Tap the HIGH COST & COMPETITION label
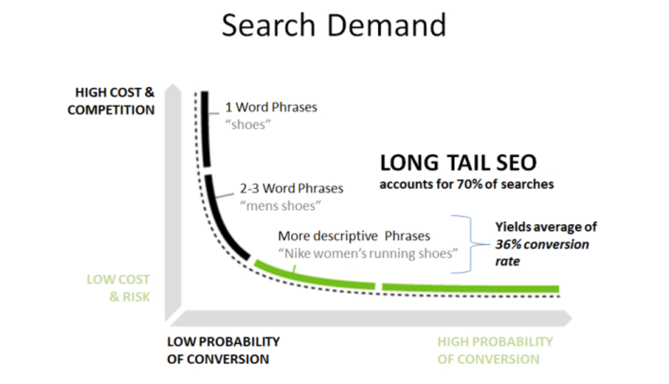[x=111, y=101]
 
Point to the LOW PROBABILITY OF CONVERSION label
[x=224, y=350]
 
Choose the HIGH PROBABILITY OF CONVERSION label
[x=495, y=350]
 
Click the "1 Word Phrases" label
[x=271, y=107]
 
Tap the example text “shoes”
[x=248, y=124]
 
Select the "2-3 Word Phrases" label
[x=292, y=188]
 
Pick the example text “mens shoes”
[x=280, y=206]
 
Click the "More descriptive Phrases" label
[x=354, y=236]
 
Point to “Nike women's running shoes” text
[x=368, y=253]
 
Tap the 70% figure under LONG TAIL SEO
[x=470, y=184]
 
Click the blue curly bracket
[x=471, y=244]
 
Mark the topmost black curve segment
[x=206, y=129]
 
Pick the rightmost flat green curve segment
[x=470, y=288]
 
